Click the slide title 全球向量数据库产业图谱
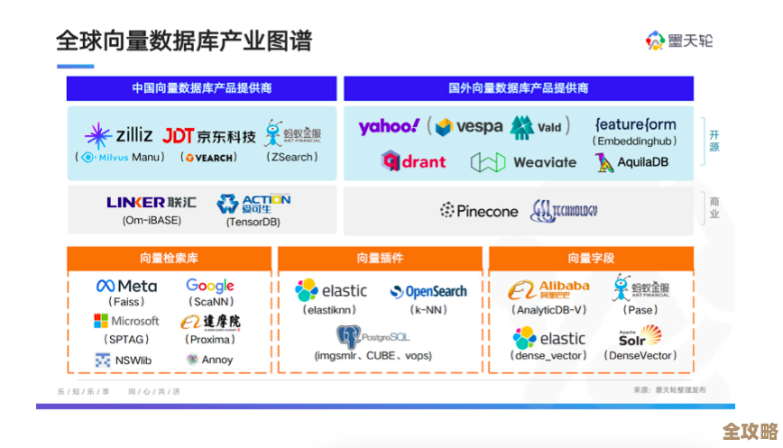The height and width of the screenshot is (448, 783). point(184,41)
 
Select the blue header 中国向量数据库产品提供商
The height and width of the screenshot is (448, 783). point(202,88)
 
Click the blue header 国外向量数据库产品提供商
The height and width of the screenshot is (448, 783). point(519,88)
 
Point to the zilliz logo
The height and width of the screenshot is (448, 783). point(119,135)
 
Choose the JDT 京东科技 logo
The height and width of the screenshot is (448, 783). point(209,136)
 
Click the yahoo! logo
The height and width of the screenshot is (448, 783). point(389,126)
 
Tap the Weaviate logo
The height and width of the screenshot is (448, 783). point(523,162)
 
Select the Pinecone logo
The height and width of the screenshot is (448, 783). point(479,211)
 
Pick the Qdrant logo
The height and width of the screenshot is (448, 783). point(414,161)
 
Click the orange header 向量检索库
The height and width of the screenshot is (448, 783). point(169,259)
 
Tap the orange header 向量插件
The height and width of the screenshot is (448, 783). point(380,259)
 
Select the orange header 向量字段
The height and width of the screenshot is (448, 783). point(591,259)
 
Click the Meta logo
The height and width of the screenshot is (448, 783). point(126,286)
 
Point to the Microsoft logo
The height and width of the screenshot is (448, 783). point(126,321)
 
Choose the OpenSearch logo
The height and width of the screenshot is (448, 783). point(428,291)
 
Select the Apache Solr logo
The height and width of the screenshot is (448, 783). point(640,337)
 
